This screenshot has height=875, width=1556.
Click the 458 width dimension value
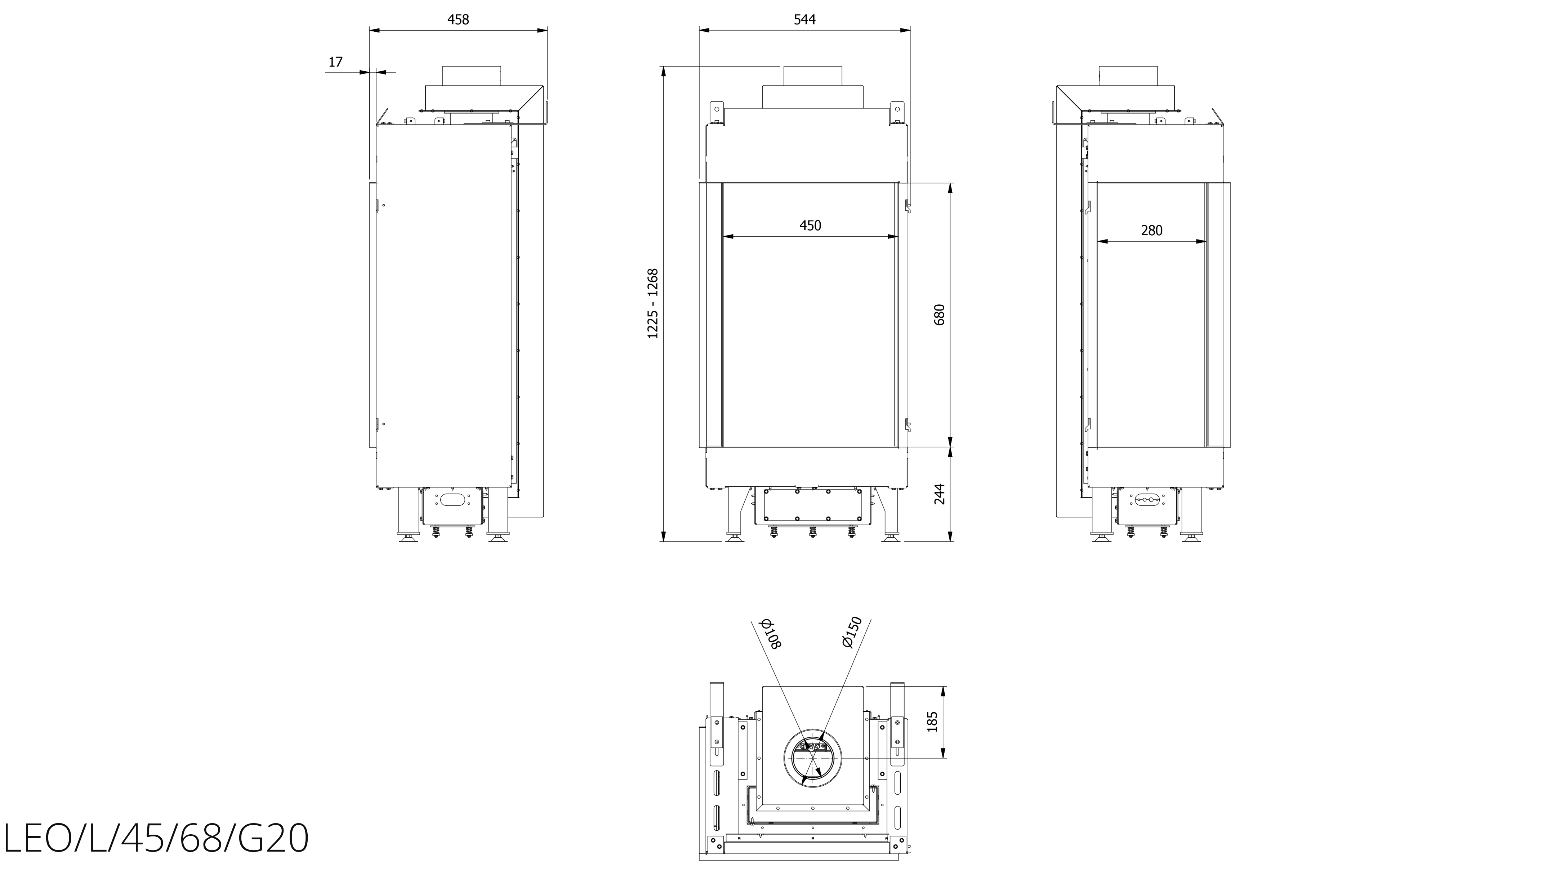[458, 19]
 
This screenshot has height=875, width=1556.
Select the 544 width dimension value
[804, 19]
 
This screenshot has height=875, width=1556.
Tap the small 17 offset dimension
[335, 62]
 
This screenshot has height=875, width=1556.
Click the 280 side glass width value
[1151, 230]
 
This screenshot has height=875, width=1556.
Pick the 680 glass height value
[939, 314]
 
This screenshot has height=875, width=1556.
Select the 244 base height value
[939, 494]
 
